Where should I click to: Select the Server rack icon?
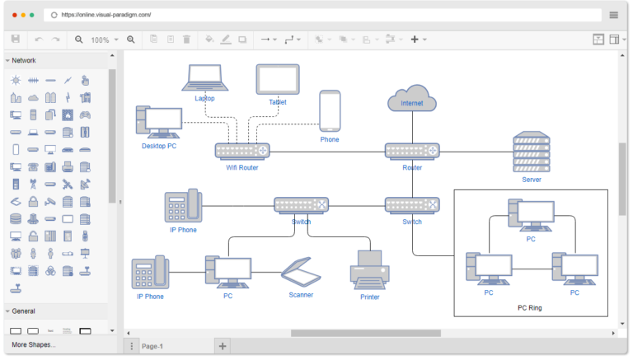531,152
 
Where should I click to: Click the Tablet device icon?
277,81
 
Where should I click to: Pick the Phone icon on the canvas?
330,110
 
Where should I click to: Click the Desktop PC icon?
159,122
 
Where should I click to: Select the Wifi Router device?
242,151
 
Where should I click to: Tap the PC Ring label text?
530,307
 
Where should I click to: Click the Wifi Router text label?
242,168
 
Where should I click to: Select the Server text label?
531,179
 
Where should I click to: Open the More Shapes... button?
34,344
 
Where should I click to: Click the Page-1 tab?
152,346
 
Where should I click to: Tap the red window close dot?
14,15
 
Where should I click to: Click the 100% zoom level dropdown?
105,40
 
